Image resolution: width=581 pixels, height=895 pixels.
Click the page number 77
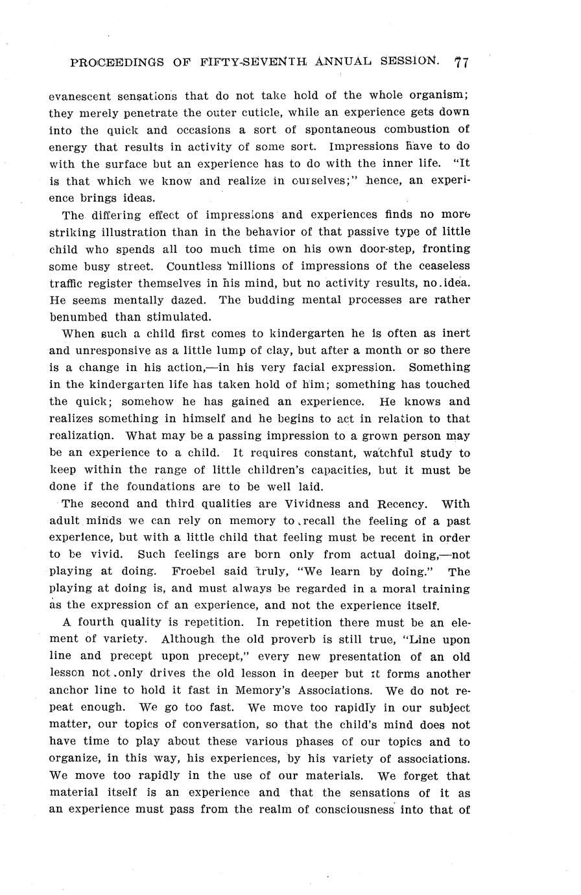tap(462, 62)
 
